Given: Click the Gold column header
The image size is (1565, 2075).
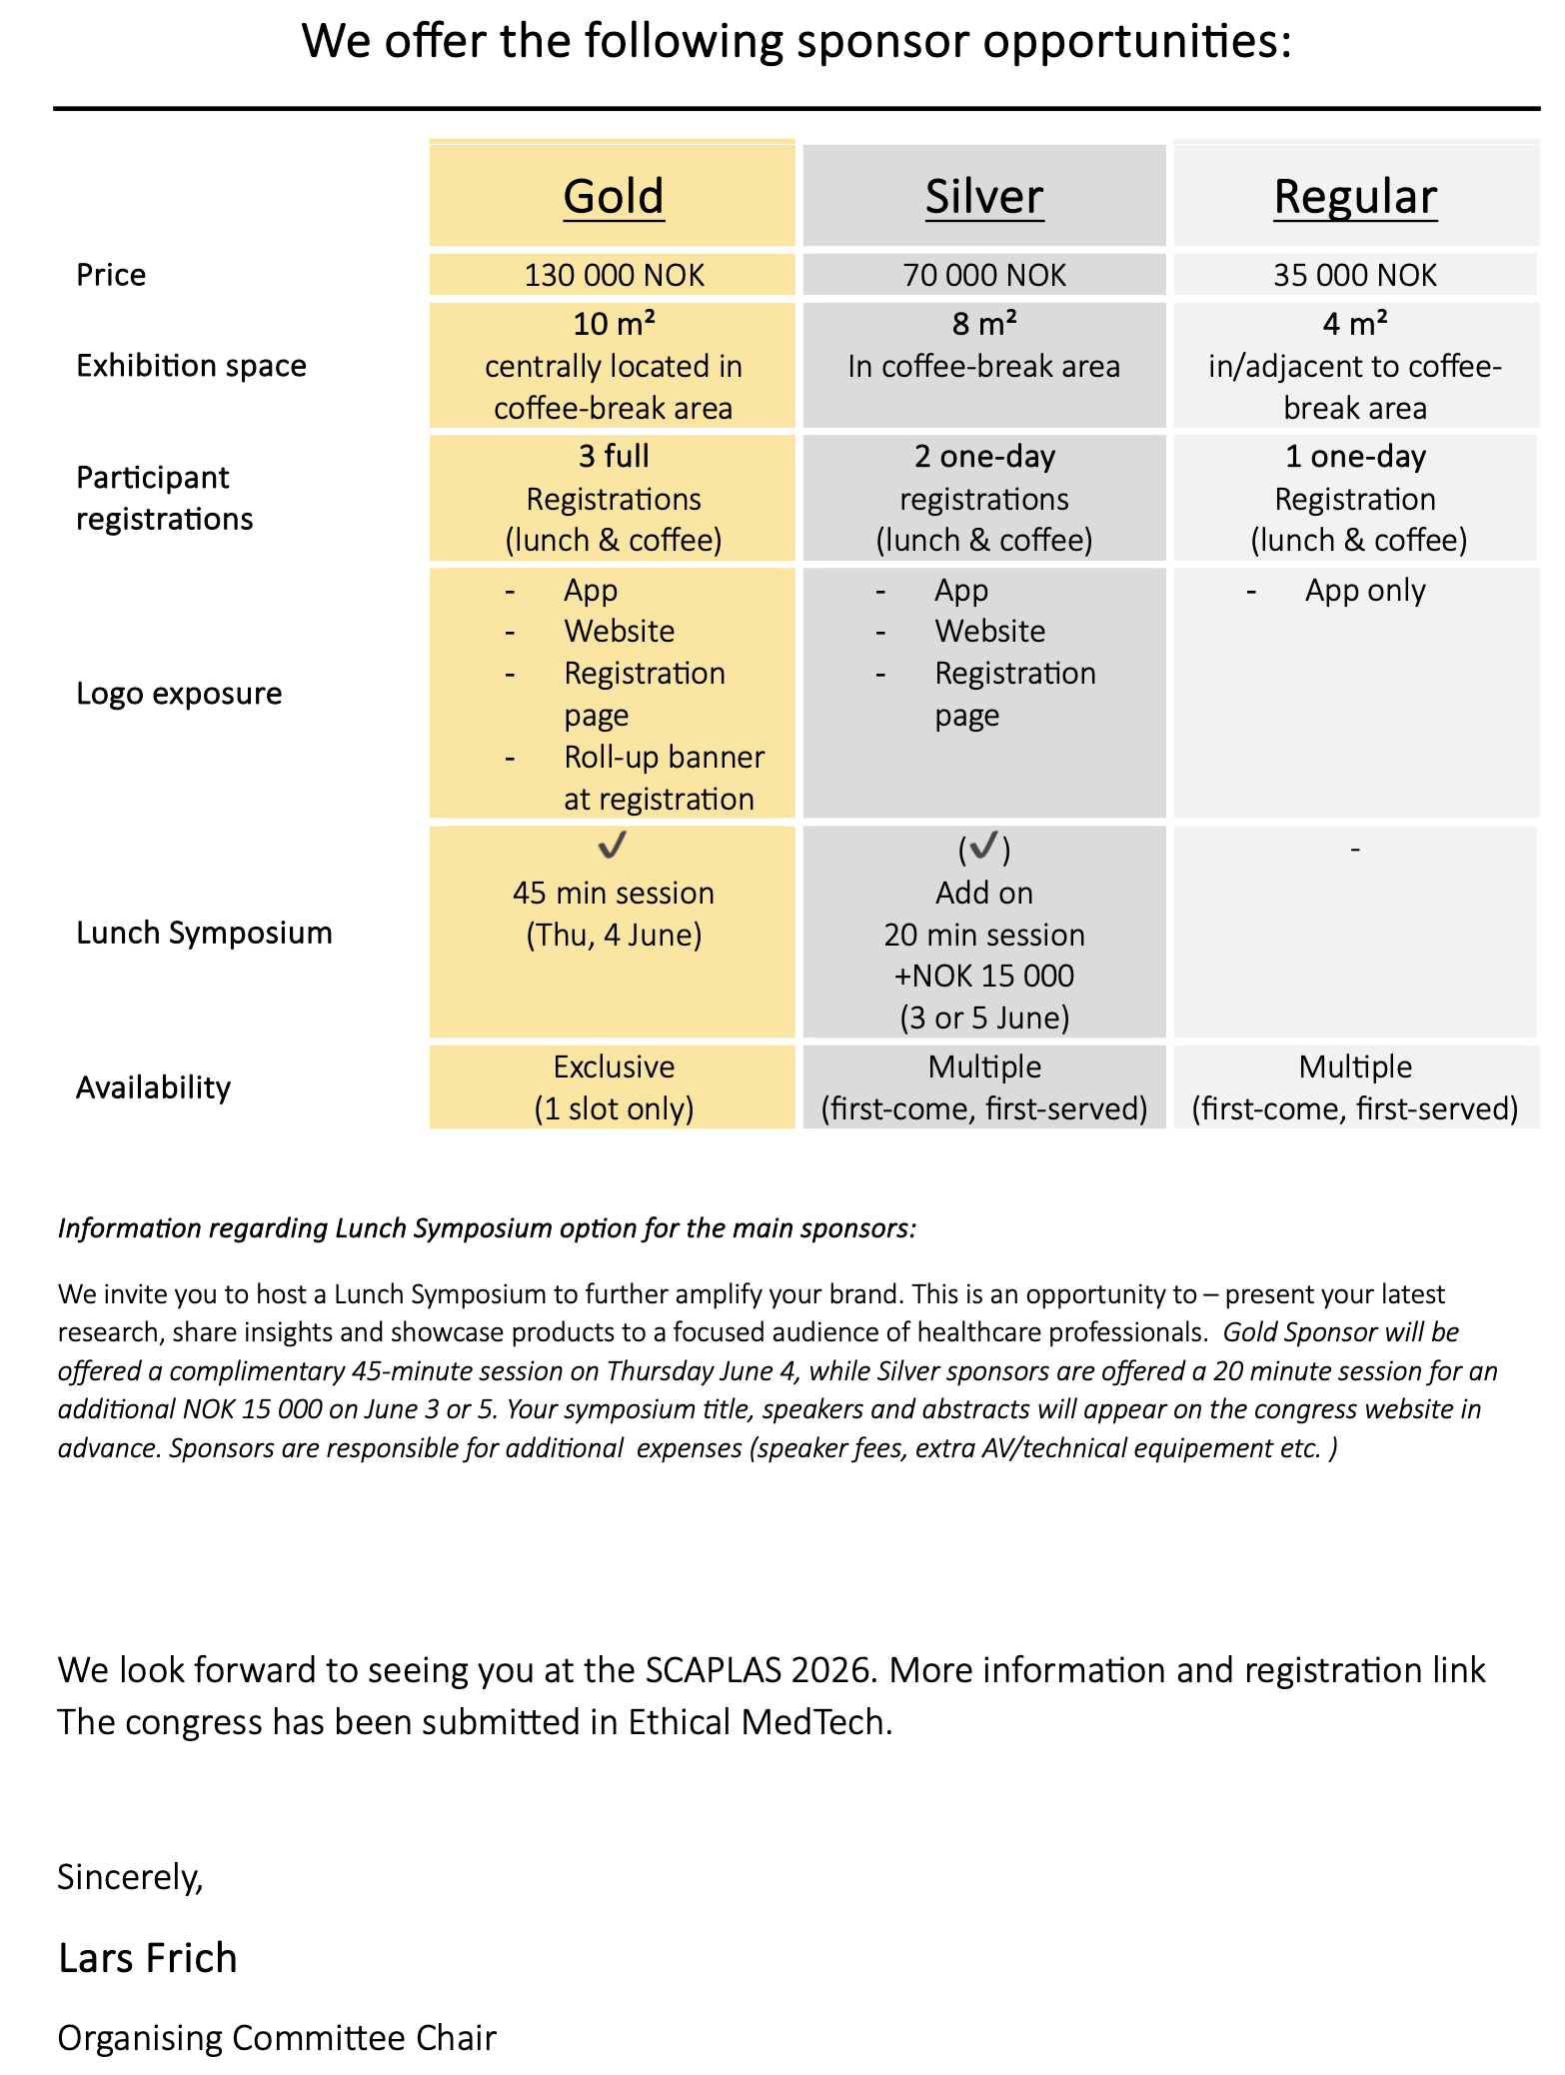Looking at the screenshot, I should (x=614, y=196).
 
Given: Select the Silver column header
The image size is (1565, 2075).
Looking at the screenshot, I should (x=984, y=196).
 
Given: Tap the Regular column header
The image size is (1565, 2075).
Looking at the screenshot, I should (x=1355, y=196).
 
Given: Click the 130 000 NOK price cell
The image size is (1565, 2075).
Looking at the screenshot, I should (x=614, y=275).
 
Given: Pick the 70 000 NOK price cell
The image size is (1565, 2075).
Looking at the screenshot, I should (x=984, y=275).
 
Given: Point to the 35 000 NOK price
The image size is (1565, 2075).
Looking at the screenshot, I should (x=1355, y=275).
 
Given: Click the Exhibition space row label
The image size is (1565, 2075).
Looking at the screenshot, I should (x=191, y=366).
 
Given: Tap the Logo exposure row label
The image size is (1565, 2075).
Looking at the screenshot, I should (x=179, y=694).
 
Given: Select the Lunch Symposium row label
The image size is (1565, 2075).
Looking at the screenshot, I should (x=204, y=933).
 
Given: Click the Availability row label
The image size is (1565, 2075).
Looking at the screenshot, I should (x=153, y=1087).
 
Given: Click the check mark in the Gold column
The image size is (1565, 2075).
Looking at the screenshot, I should (x=612, y=846).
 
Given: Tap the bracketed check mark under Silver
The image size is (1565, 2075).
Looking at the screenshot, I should (x=984, y=848).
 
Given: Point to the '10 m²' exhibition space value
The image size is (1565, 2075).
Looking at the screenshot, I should (x=614, y=324).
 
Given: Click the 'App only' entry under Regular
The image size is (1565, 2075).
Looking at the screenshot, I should (x=1365, y=591).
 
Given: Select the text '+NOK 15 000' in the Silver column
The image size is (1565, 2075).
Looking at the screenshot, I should (x=984, y=976).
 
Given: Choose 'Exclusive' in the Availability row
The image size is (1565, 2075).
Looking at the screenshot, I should (x=614, y=1066).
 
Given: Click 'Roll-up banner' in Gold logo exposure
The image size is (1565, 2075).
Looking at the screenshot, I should (x=664, y=758).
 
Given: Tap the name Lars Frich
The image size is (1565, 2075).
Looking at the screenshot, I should (x=148, y=1958).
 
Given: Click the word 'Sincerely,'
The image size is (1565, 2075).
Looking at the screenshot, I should (x=130, y=1877).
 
